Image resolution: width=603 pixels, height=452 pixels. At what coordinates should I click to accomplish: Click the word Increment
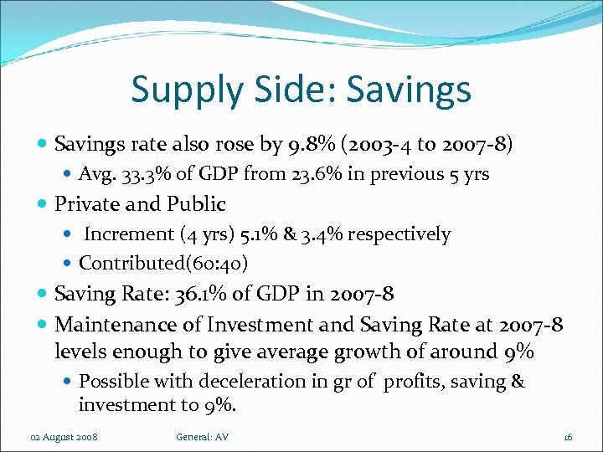126,234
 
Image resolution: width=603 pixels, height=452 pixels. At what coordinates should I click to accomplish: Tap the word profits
405,382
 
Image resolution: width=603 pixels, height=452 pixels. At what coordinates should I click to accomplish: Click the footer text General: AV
203,437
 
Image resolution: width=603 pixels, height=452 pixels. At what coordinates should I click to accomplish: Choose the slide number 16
568,437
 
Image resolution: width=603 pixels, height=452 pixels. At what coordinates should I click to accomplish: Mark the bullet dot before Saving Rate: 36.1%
44,295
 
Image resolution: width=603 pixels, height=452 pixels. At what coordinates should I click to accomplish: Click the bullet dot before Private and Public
44,204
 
